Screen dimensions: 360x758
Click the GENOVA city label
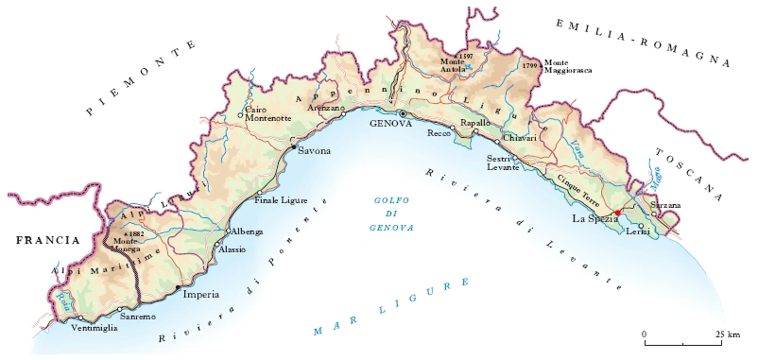390,124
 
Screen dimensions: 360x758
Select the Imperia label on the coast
200,294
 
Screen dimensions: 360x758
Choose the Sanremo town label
137,317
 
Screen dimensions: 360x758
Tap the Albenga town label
248,231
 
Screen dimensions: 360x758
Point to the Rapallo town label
474,123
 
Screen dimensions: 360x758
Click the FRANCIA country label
48,241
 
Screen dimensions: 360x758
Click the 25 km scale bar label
728,334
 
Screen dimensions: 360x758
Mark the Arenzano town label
326,109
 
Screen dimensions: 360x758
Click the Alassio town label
232,249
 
